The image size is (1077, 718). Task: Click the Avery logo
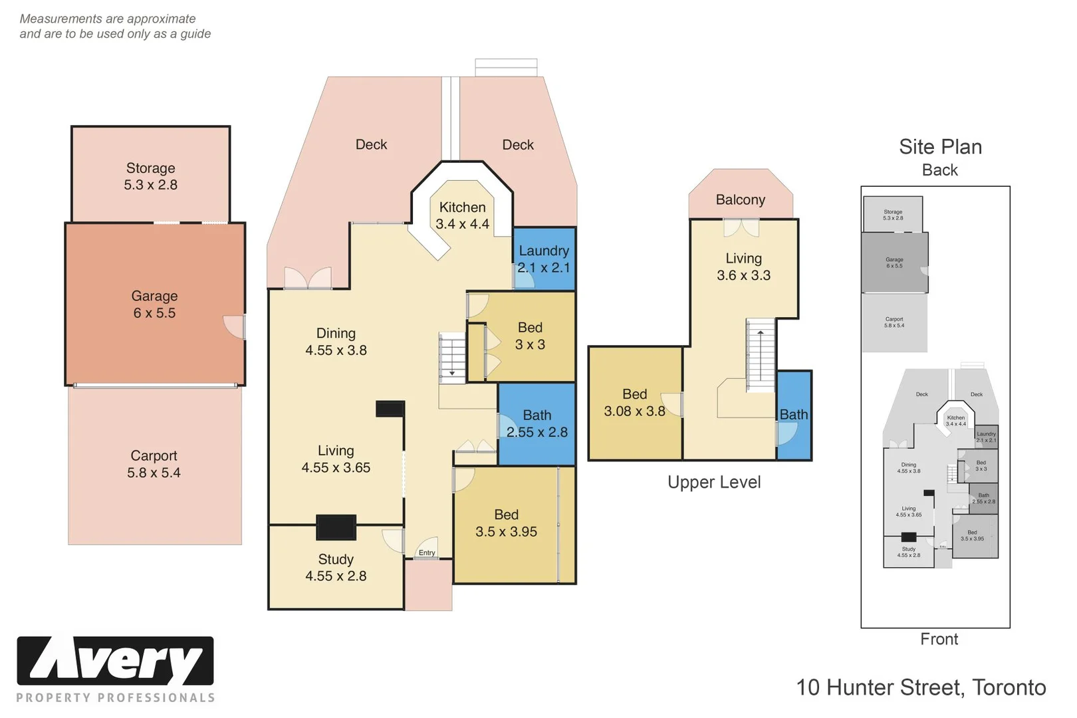(x=115, y=661)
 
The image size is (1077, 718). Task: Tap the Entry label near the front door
(x=427, y=552)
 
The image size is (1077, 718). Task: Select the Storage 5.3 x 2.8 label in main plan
(x=151, y=176)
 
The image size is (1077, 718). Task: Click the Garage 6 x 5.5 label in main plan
(x=154, y=304)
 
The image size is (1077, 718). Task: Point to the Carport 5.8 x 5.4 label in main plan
(x=154, y=464)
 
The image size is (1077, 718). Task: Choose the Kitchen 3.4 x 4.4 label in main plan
(x=462, y=215)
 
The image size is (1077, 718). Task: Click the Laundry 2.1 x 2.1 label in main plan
(x=543, y=259)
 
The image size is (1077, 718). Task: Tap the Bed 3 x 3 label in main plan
(x=530, y=336)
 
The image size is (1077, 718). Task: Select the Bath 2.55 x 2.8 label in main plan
(x=537, y=423)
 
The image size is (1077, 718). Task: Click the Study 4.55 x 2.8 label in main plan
(x=336, y=568)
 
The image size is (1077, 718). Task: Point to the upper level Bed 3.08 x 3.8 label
(x=634, y=403)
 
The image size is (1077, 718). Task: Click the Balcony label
(x=740, y=199)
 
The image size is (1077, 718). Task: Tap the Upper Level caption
(x=714, y=482)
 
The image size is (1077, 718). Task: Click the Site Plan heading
(x=940, y=147)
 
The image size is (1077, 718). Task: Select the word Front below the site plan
(x=939, y=639)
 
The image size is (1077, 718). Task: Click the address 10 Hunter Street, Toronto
(x=921, y=687)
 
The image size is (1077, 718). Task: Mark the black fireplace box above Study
(x=336, y=527)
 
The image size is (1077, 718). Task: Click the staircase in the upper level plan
(x=761, y=355)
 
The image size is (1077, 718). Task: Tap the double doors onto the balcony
(x=741, y=228)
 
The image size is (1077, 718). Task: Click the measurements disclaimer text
(x=115, y=27)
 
